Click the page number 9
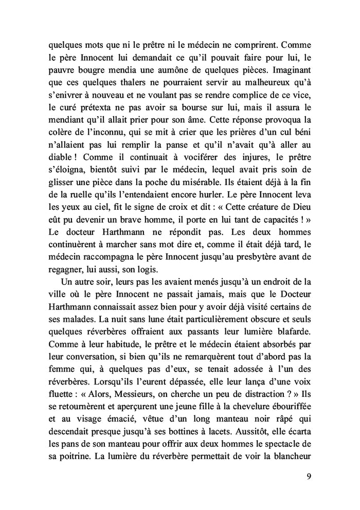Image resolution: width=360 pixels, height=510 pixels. [308, 475]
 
